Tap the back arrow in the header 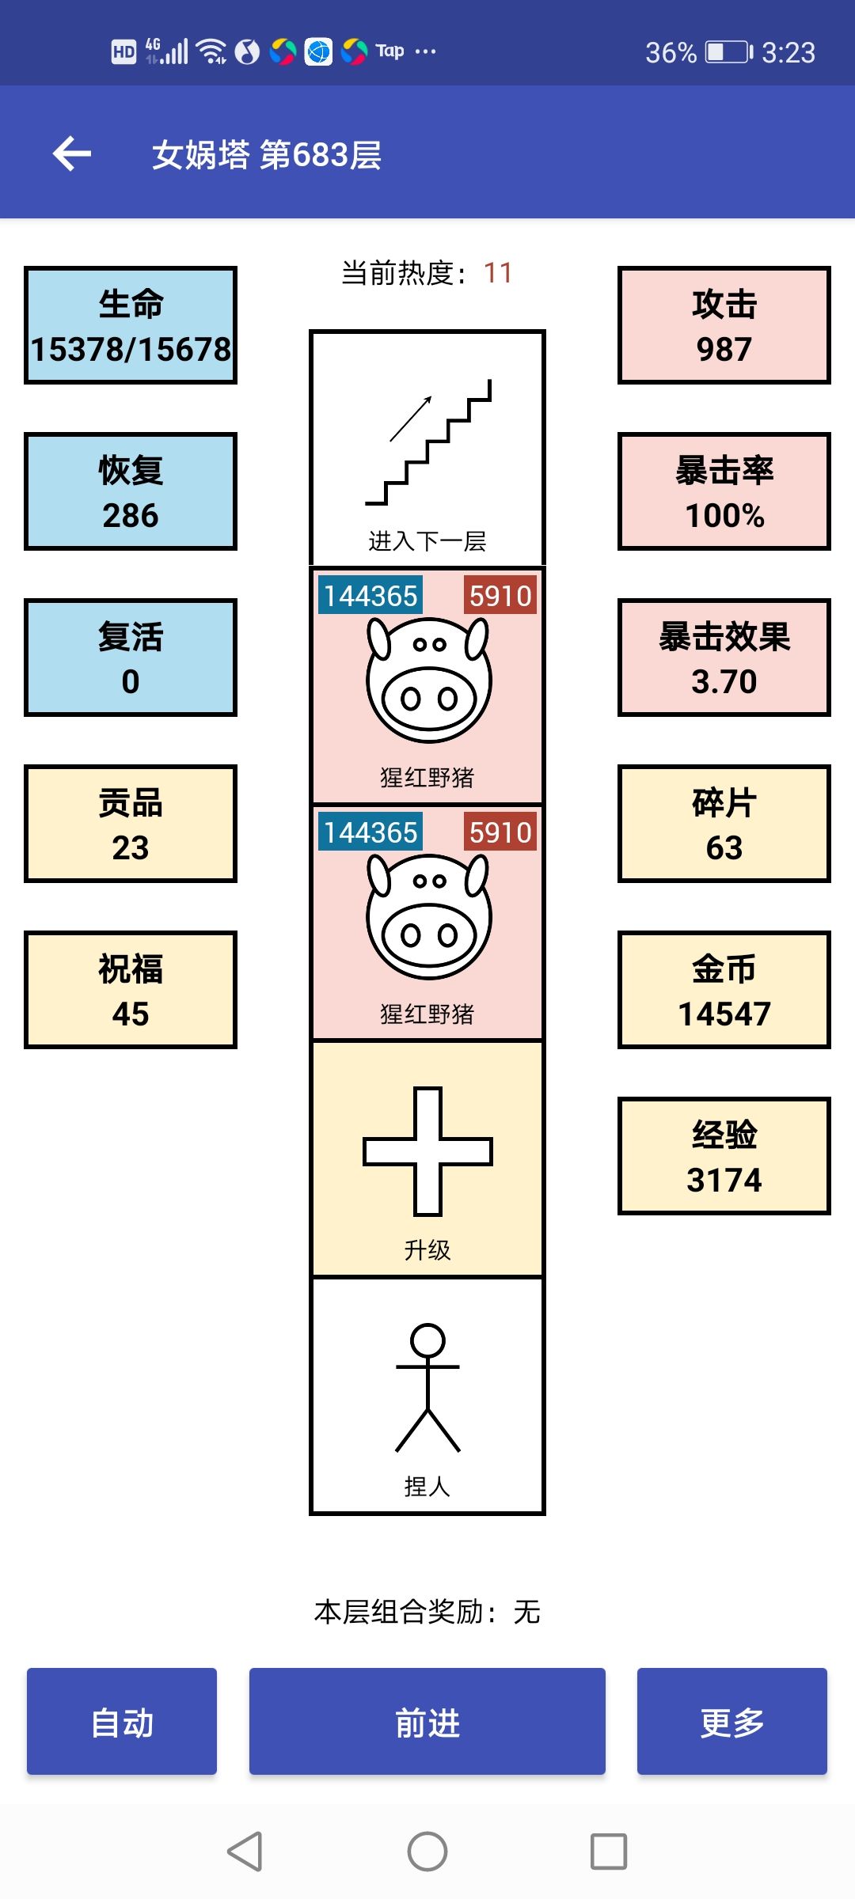coord(72,154)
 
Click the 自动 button coord(122,1722)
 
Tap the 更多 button coord(731,1722)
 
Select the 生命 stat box coord(131,325)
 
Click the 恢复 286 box coord(131,491)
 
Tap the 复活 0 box coord(131,658)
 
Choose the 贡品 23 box coord(131,824)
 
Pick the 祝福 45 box coord(131,990)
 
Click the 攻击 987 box coord(724,325)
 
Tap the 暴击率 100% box coord(724,491)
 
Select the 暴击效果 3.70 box coord(724,658)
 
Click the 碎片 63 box coord(724,824)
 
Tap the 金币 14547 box coord(724,990)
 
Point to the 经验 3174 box coord(724,1156)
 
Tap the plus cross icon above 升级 coord(427,1151)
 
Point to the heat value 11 coord(498,273)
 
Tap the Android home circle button coord(427,1852)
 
